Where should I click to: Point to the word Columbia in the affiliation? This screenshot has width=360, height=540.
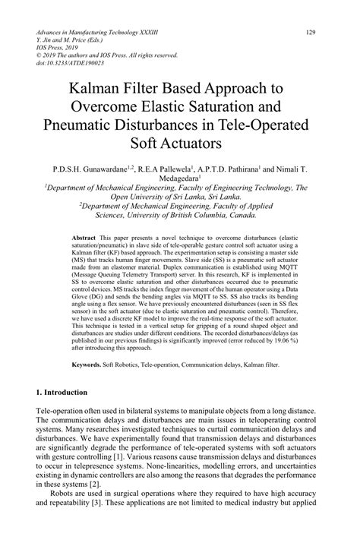216,213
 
